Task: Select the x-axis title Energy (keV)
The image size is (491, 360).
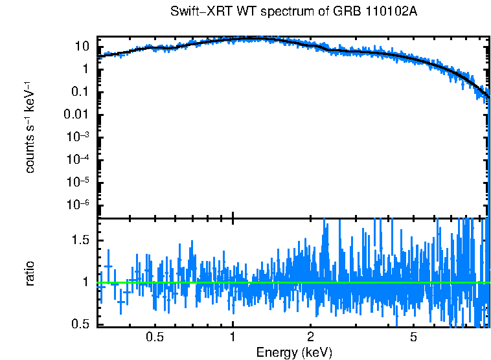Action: (x=294, y=352)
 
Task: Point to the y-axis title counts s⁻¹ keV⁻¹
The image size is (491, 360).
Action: (x=30, y=127)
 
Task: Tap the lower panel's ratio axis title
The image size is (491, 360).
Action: (x=30, y=273)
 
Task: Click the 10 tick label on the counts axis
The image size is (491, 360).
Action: (x=82, y=47)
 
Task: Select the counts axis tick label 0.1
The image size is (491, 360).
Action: (x=80, y=92)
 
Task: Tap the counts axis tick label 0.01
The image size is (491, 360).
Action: (x=77, y=115)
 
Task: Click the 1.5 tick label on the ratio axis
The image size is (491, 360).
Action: (x=80, y=240)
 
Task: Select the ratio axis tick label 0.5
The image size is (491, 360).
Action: (x=80, y=324)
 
